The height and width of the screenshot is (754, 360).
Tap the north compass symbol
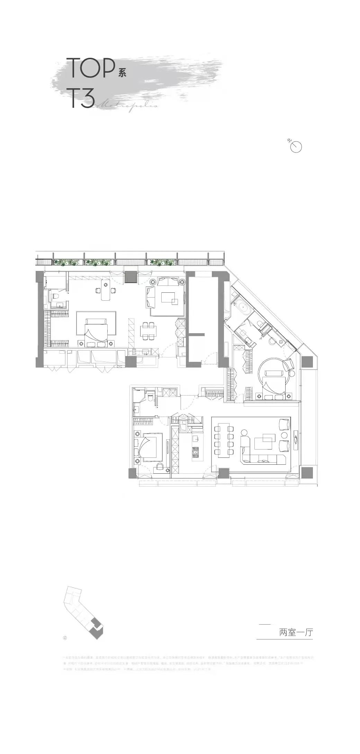(x=296, y=147)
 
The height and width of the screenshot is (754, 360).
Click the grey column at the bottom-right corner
(x=307, y=472)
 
